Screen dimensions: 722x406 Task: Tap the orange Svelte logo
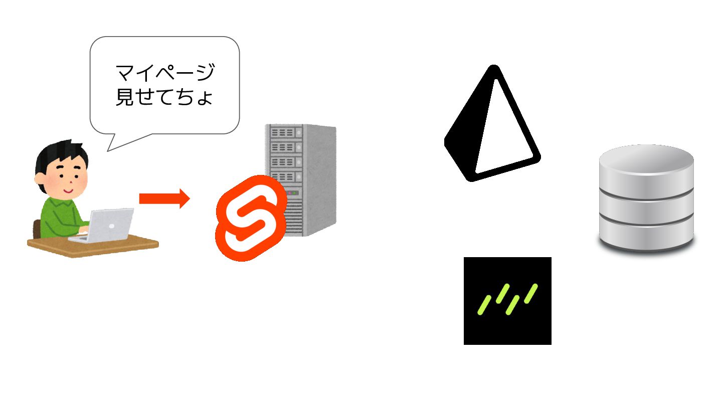pos(250,218)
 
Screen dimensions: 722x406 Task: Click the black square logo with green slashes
pos(507,301)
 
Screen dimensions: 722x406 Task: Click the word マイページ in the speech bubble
pos(165,73)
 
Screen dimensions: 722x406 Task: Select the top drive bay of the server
pos(284,133)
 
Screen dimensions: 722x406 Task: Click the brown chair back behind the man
pos(36,229)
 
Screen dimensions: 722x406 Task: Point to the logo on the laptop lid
pos(111,226)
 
